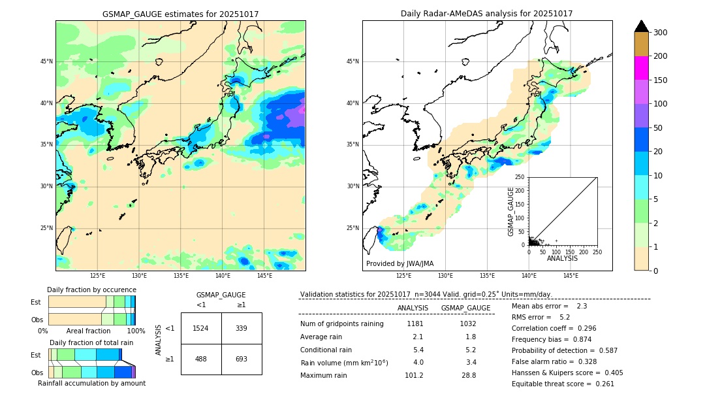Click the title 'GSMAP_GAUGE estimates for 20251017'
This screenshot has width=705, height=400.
[180, 14]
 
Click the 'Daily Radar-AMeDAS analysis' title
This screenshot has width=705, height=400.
[486, 14]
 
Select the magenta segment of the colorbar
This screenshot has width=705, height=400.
[641, 68]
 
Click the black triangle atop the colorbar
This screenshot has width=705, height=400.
[641, 26]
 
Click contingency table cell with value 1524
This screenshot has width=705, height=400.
[201, 328]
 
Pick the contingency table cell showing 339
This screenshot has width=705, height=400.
[242, 328]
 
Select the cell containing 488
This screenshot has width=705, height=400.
[201, 359]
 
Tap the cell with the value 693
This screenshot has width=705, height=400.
[242, 359]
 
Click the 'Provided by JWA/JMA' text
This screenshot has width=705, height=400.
[399, 264]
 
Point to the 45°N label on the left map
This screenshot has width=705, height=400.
[46, 61]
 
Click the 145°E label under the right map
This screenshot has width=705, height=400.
[571, 276]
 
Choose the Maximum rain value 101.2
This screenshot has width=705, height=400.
[413, 376]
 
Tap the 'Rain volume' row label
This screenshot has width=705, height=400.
[344, 363]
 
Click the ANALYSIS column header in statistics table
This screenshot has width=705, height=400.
[413, 308]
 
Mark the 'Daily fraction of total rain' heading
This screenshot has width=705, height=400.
[91, 342]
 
